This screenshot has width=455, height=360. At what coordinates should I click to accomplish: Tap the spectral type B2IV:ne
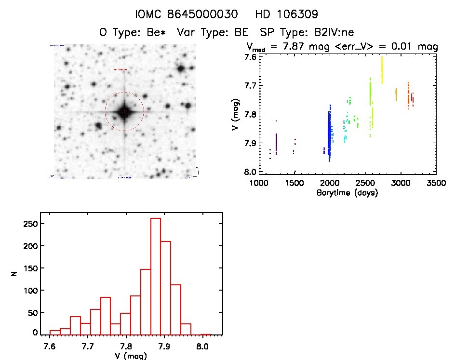point(334,33)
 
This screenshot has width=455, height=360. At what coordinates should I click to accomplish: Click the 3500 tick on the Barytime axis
point(436,183)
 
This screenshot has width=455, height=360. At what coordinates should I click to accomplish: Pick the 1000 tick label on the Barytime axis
point(258,183)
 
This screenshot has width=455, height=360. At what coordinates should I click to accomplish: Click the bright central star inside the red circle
point(124,111)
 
